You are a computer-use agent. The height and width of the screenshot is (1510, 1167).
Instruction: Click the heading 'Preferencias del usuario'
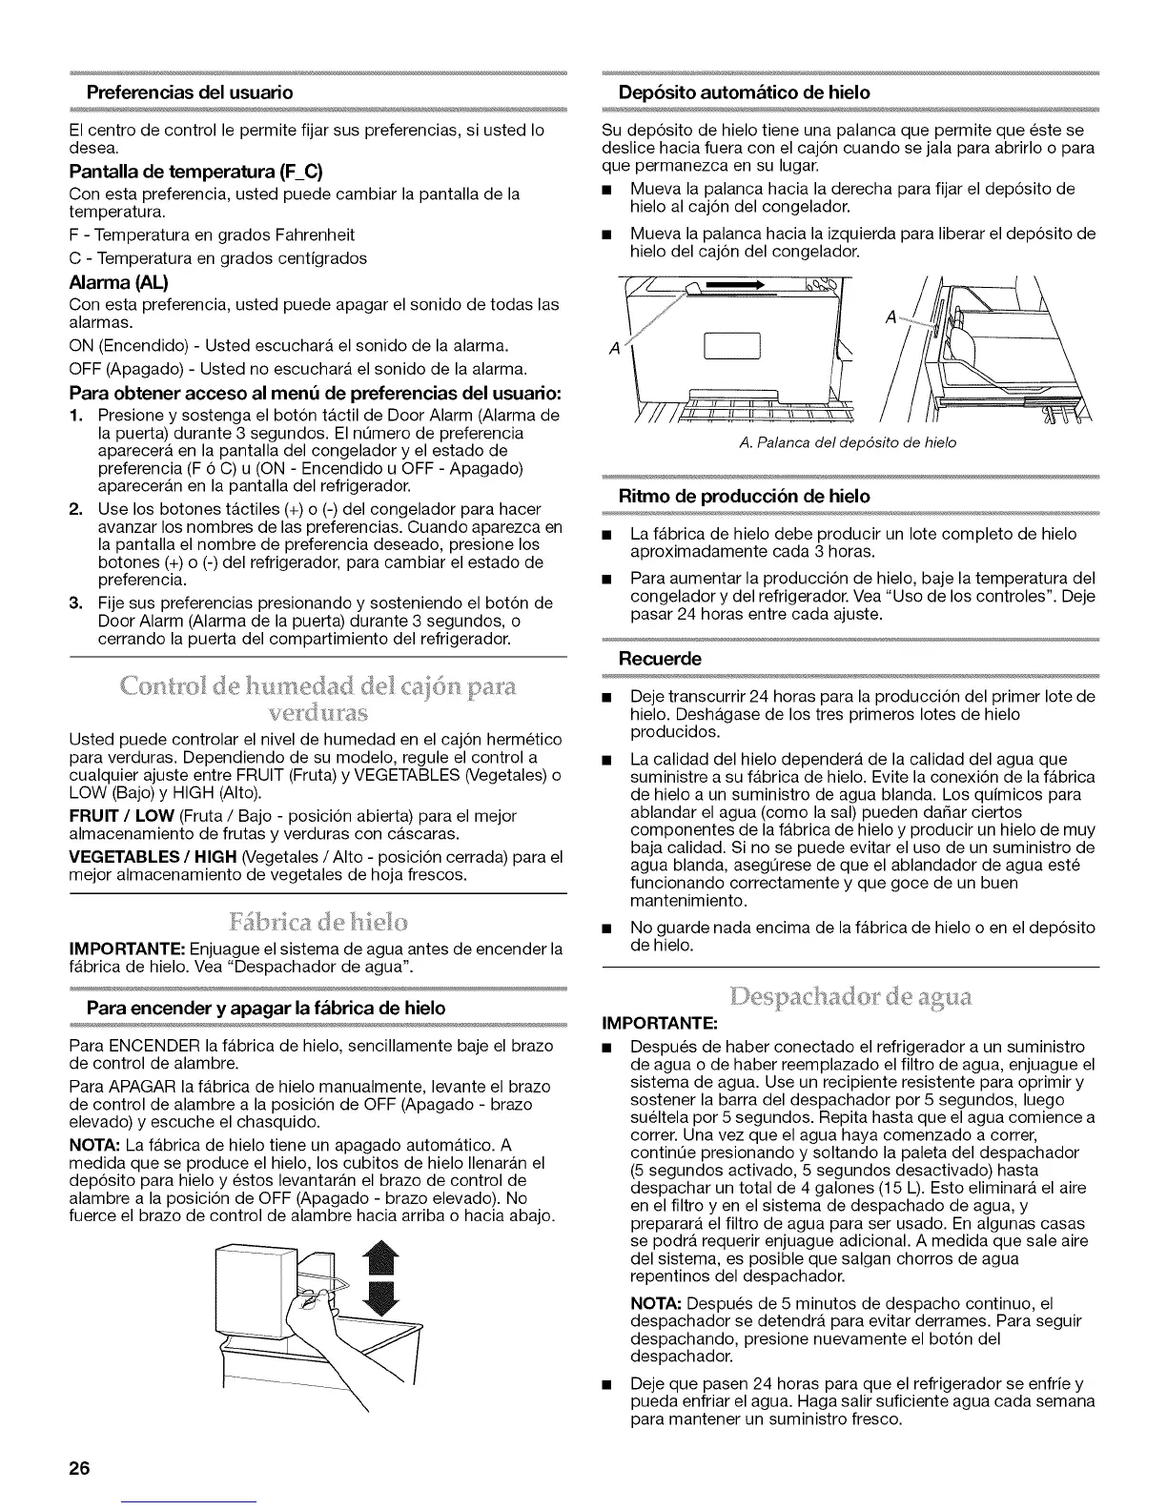tap(190, 92)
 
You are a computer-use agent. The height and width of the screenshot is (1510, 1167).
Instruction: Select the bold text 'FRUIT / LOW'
tap(116, 816)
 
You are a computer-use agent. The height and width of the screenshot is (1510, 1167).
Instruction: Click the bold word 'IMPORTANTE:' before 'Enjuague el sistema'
tap(128, 949)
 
